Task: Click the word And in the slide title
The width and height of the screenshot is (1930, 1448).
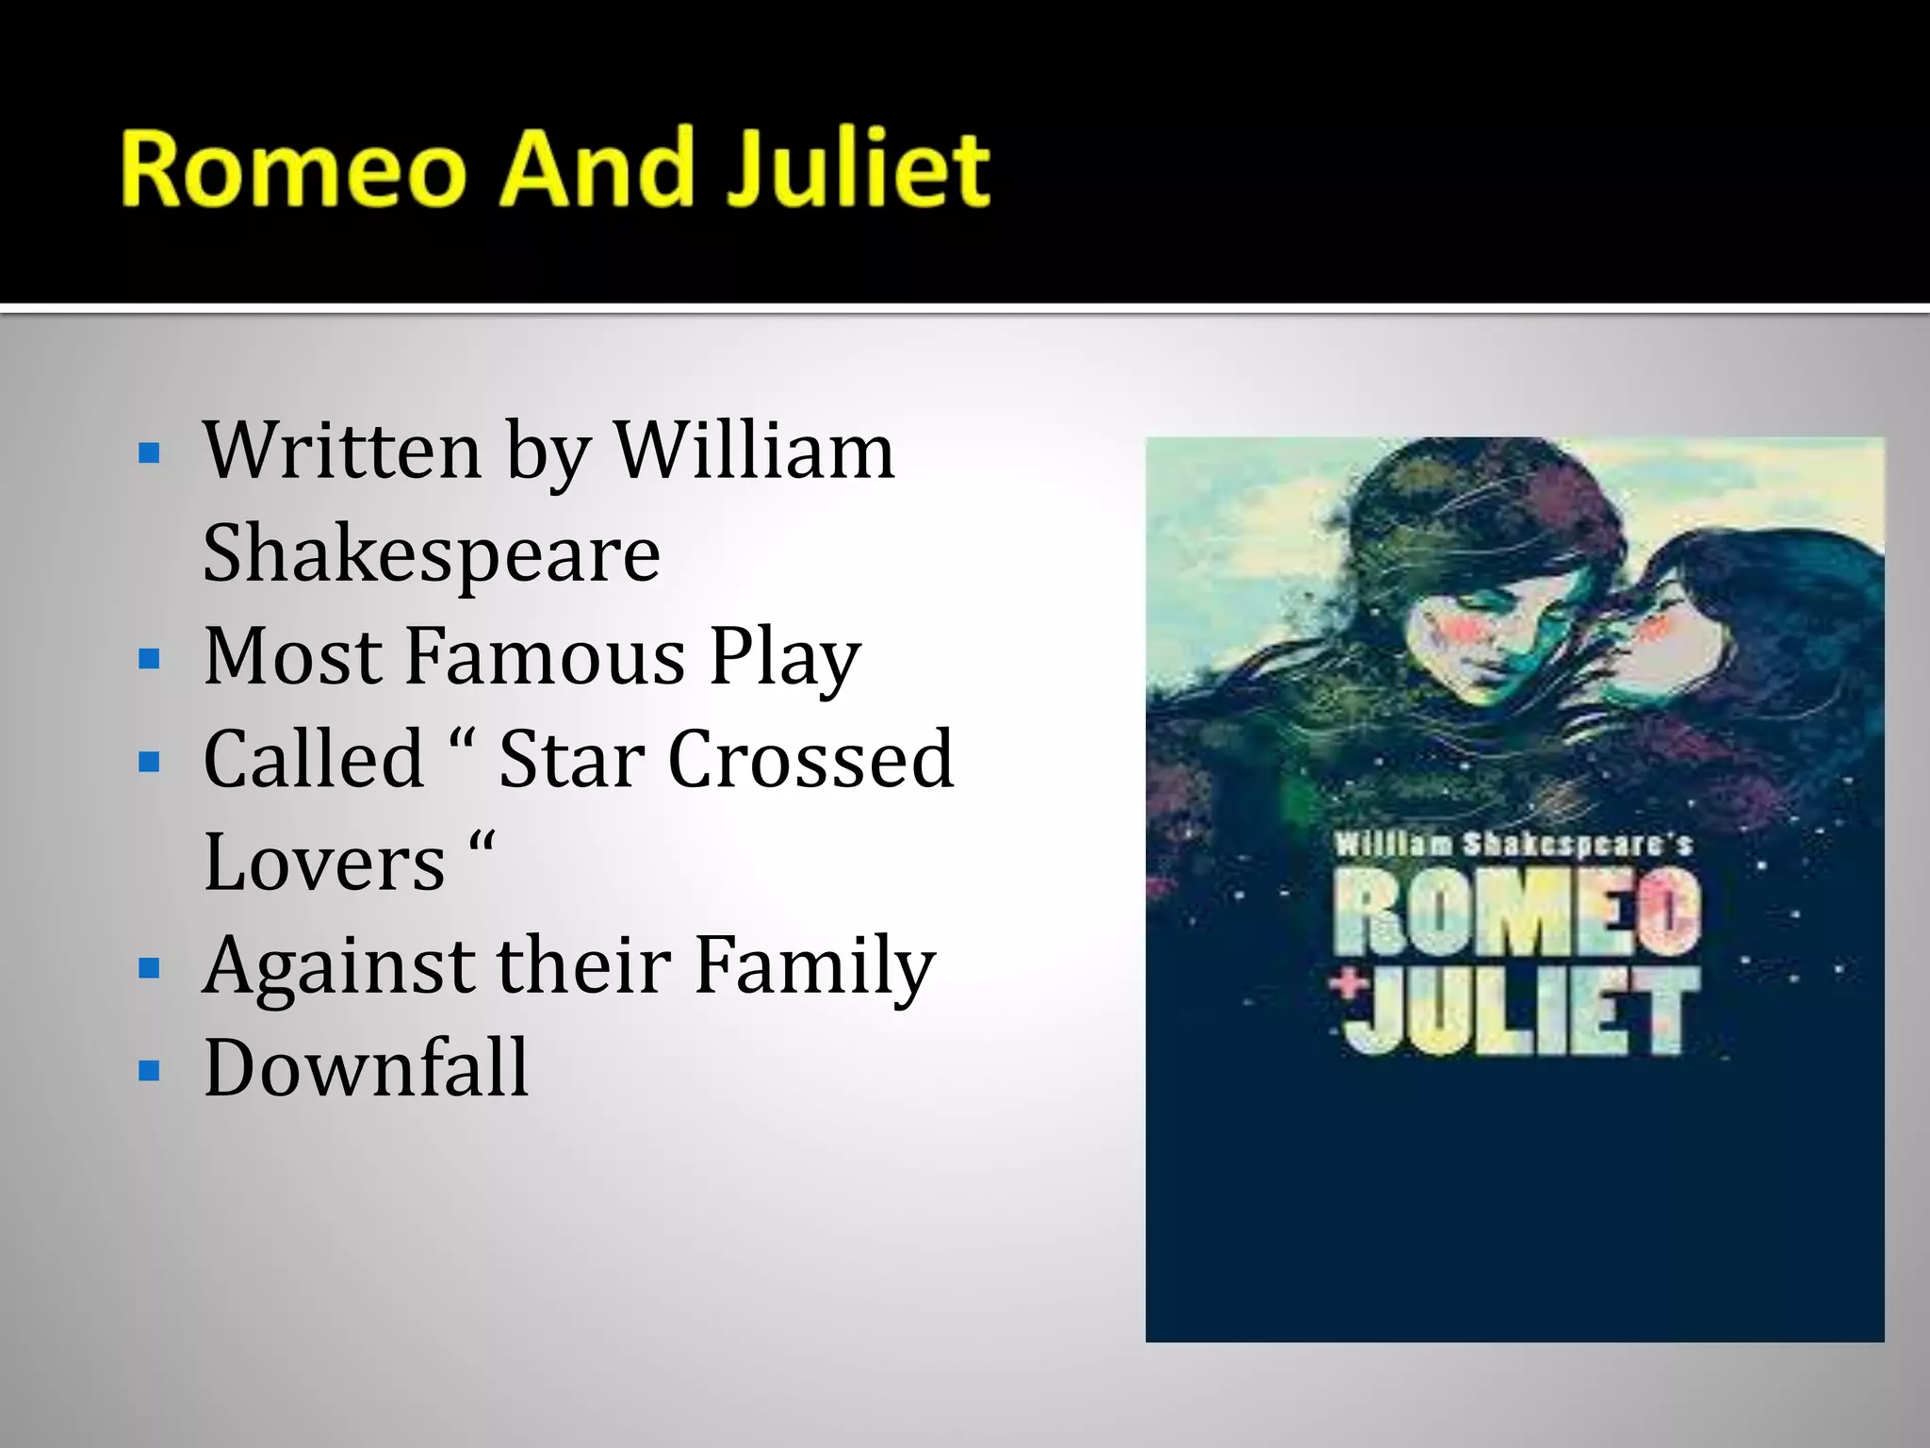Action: [x=595, y=170]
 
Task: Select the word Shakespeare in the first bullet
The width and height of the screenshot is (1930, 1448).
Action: [x=432, y=554]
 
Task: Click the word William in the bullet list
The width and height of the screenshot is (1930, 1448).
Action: [x=754, y=451]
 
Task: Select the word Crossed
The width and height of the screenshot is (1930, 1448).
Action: [x=810, y=760]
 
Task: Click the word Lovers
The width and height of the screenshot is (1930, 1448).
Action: [x=324, y=863]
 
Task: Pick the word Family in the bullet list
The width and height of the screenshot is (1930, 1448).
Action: [x=814, y=966]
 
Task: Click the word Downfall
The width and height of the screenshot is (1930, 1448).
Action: [x=366, y=1068]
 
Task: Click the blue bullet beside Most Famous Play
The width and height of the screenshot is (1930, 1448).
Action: [x=149, y=659]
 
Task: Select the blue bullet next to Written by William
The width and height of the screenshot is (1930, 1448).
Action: [x=149, y=453]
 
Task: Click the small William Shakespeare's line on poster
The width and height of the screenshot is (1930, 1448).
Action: [x=1513, y=844]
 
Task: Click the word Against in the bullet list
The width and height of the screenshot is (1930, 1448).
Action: [x=339, y=966]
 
